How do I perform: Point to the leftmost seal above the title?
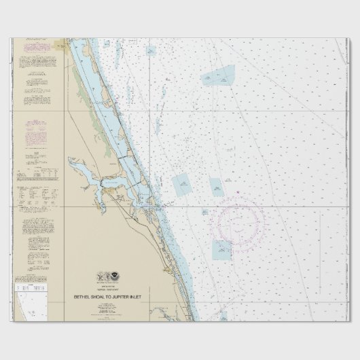(x=99, y=277)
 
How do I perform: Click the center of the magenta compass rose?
(x=235, y=219)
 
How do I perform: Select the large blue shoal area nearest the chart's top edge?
(x=217, y=76)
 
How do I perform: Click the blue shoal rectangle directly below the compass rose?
(x=221, y=249)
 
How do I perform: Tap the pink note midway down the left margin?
(x=33, y=133)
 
